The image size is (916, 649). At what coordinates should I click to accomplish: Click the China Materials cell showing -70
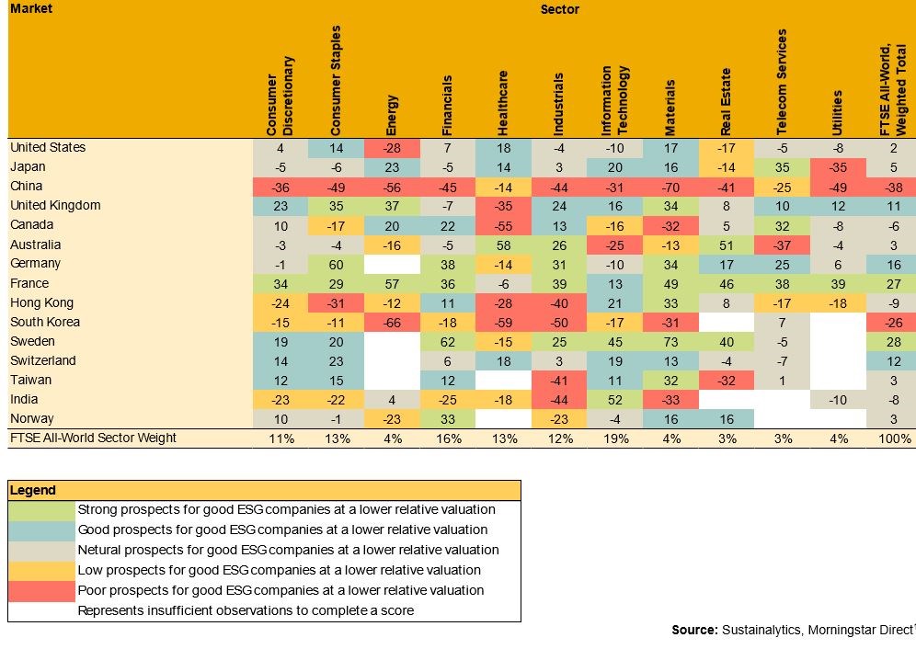(x=670, y=187)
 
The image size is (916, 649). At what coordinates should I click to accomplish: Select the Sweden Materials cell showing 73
(x=670, y=342)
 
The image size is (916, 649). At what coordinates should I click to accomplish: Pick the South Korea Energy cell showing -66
(x=393, y=323)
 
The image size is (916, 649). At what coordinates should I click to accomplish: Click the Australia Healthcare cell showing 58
(x=502, y=245)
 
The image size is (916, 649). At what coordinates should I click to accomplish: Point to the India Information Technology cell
(x=613, y=400)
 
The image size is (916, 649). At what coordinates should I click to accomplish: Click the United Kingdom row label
(x=55, y=206)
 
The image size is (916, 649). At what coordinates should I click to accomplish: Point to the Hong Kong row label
(x=41, y=303)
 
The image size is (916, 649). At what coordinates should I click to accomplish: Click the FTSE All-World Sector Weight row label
(x=93, y=438)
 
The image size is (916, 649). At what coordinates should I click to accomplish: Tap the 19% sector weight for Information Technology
(x=613, y=439)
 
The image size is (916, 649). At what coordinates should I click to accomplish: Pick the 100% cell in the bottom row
(x=894, y=439)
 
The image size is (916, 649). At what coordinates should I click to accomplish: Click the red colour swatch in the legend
(x=40, y=590)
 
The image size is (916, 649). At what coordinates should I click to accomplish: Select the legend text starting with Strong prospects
(x=286, y=509)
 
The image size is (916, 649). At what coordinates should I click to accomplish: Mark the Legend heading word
(x=33, y=490)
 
